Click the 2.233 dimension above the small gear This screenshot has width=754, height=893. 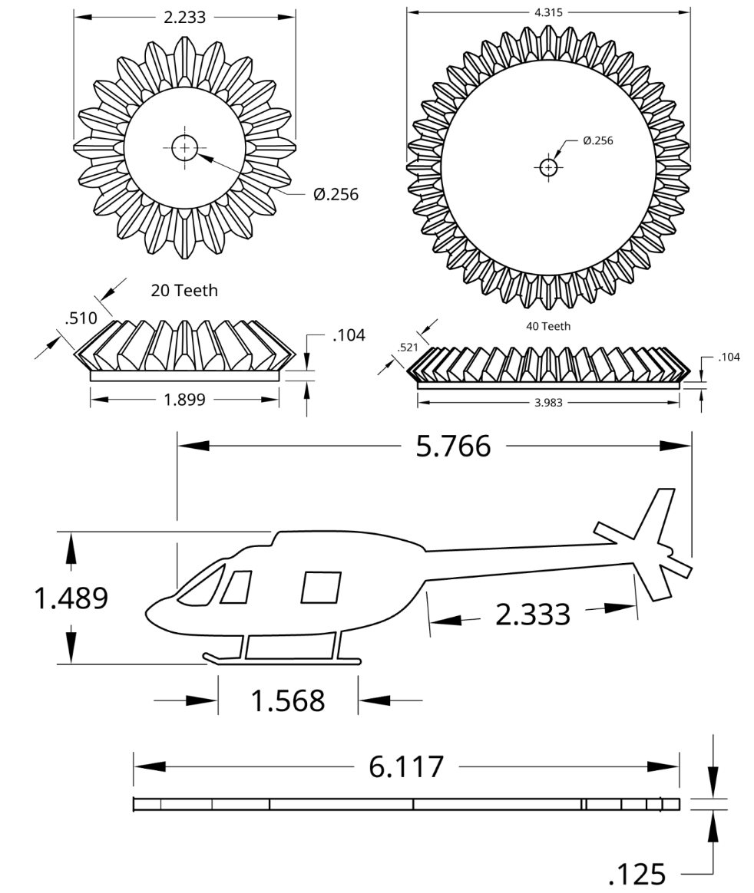tap(184, 18)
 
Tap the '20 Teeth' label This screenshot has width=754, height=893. tap(184, 290)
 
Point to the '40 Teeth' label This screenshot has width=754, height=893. tap(548, 326)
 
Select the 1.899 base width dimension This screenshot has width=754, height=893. tap(184, 399)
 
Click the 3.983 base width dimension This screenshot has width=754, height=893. tap(548, 403)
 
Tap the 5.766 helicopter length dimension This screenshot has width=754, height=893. tap(453, 446)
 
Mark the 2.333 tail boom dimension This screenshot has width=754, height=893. tap(533, 614)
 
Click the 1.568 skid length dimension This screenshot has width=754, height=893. tap(289, 700)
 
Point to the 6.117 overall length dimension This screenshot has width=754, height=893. tap(406, 766)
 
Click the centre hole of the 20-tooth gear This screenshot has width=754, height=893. tap(184, 148)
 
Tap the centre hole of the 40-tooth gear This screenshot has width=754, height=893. tap(548, 167)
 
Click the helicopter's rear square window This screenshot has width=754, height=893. tap(321, 587)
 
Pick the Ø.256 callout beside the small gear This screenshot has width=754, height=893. tap(336, 194)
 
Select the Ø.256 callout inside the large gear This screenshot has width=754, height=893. tap(598, 140)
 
